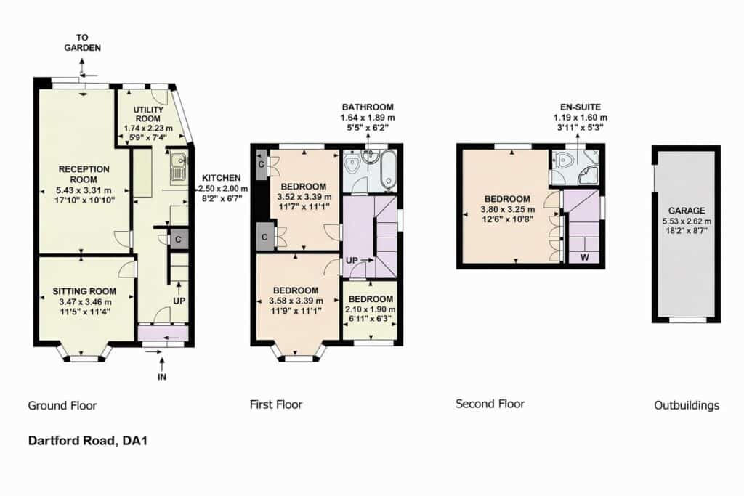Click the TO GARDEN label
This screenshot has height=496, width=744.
pyautogui.click(x=83, y=43)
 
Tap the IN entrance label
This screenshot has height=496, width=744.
pyautogui.click(x=162, y=377)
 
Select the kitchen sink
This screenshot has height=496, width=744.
pyautogui.click(x=178, y=168)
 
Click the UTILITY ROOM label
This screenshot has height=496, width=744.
pyautogui.click(x=148, y=114)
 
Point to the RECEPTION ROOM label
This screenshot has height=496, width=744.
pyautogui.click(x=84, y=174)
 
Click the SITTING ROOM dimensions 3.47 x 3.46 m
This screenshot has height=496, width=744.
pyautogui.click(x=86, y=301)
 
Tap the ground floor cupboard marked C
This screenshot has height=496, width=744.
pyautogui.click(x=178, y=240)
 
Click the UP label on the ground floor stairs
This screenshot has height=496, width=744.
pyautogui.click(x=179, y=301)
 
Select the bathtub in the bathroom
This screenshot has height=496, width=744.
pyautogui.click(x=389, y=171)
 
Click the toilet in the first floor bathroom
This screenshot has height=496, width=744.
pyautogui.click(x=352, y=163)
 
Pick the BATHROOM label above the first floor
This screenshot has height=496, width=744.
pyautogui.click(x=368, y=107)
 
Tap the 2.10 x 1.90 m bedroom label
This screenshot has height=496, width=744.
pyautogui.click(x=371, y=309)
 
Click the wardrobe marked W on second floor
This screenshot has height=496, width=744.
pyautogui.click(x=585, y=258)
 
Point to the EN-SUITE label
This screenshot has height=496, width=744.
pyautogui.click(x=581, y=107)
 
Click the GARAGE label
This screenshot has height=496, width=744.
pyautogui.click(x=687, y=211)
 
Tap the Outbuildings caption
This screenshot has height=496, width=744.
pyautogui.click(x=687, y=405)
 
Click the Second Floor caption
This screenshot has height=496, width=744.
pyautogui.click(x=490, y=404)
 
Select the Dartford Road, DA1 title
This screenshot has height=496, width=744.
pyautogui.click(x=88, y=441)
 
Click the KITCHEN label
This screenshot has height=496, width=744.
pyautogui.click(x=221, y=178)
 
